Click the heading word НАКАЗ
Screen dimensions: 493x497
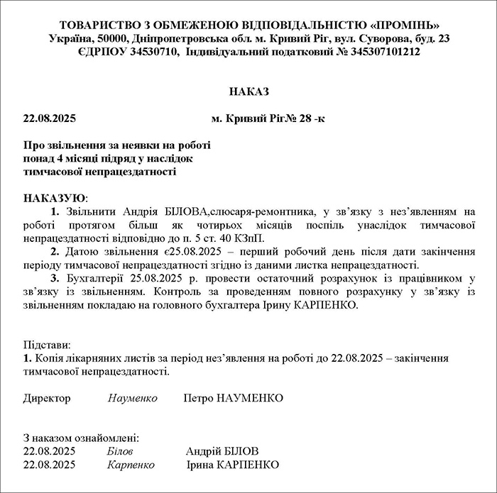(x=249, y=92)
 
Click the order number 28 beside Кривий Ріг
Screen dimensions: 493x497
(x=305, y=118)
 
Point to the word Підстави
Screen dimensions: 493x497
(x=47, y=345)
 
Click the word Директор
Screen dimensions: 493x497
(x=47, y=398)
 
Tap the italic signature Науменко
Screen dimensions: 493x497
(x=132, y=398)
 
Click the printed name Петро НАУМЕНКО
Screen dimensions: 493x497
(x=233, y=398)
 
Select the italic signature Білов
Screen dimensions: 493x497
(x=119, y=451)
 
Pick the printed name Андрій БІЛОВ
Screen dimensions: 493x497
(x=222, y=451)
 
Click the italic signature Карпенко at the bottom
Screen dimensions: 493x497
(x=131, y=465)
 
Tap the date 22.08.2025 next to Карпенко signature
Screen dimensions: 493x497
(x=50, y=465)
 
